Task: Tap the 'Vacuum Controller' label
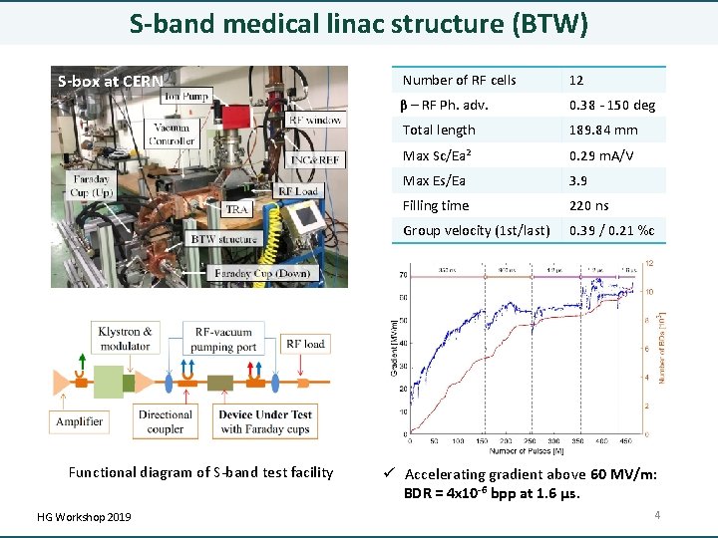[x=172, y=134]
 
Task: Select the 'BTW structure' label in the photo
[x=223, y=239]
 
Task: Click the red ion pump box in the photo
[x=235, y=116]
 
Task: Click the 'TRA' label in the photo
[x=236, y=209]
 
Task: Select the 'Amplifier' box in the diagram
[x=79, y=421]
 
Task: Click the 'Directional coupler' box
[x=166, y=421]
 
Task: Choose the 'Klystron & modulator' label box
[x=127, y=339]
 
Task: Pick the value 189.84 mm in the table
[x=597, y=130]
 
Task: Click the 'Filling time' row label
[x=436, y=205]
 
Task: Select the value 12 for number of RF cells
[x=576, y=80]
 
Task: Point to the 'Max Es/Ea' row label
[x=434, y=180]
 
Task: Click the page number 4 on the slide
[x=657, y=515]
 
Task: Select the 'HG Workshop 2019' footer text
[x=83, y=516]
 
